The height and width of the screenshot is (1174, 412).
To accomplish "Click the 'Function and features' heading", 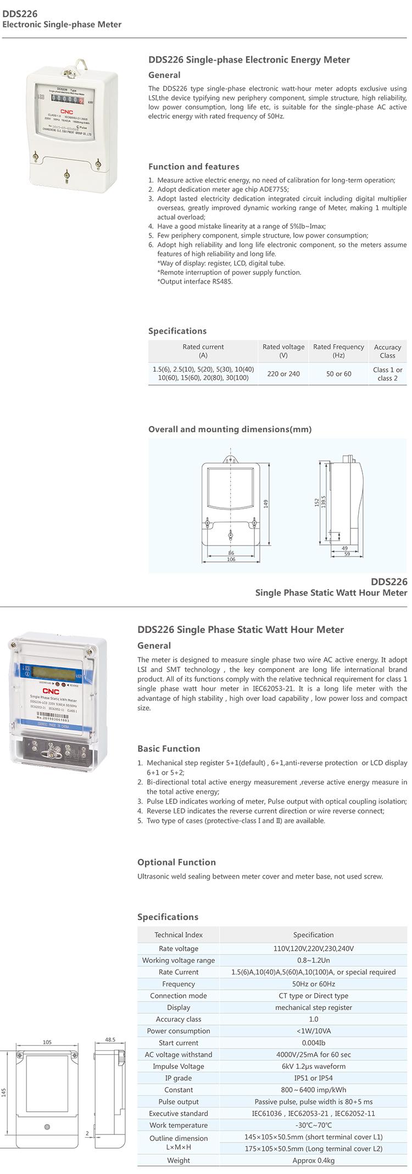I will (x=193, y=167).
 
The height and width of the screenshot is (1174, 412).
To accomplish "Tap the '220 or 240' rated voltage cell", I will (x=283, y=374).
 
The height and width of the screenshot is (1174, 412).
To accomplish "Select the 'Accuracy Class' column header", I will (x=387, y=351).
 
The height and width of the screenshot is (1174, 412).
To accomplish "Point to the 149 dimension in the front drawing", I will (x=266, y=504).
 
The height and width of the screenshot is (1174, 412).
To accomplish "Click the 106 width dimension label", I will (x=231, y=559).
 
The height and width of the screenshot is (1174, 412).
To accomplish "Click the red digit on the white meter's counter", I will (x=81, y=101).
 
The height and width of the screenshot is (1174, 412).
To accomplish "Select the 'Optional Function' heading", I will (x=176, y=862).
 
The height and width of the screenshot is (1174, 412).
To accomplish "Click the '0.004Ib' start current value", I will (x=313, y=1043).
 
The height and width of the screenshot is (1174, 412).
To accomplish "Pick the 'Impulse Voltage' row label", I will (x=178, y=1066).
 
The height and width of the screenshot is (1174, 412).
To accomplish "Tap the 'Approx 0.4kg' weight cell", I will (x=313, y=1160).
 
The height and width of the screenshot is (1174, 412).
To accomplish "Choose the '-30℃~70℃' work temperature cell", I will (x=313, y=1125).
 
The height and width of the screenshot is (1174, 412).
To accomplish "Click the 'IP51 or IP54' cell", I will (x=313, y=1078).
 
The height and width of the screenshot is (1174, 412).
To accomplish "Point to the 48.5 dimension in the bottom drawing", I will (x=110, y=1040).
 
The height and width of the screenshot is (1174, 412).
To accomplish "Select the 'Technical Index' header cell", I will (x=178, y=935).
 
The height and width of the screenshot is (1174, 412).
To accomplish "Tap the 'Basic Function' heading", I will (x=169, y=748).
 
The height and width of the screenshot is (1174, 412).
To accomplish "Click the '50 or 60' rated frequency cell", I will (x=338, y=374).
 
